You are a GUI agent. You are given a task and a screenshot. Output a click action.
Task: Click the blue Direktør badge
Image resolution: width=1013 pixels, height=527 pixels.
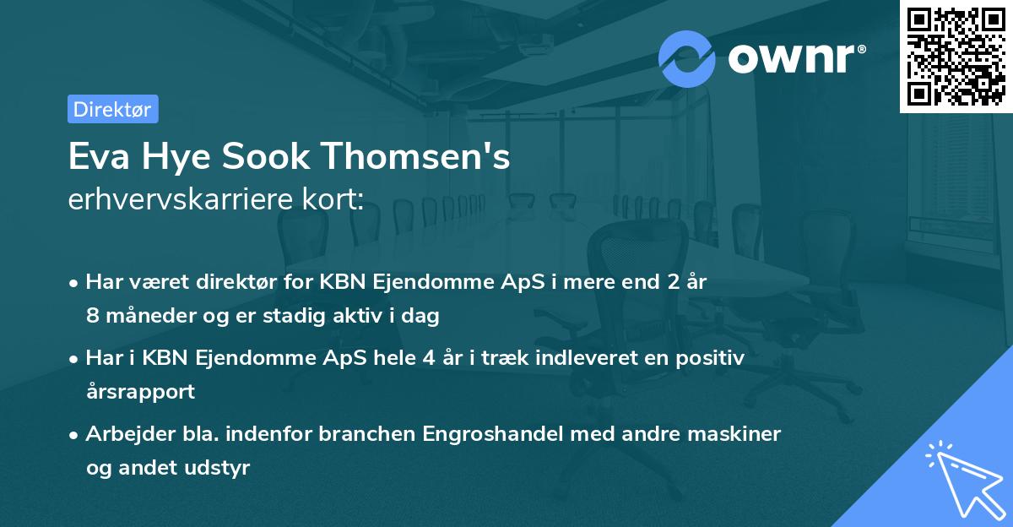(x=112, y=109)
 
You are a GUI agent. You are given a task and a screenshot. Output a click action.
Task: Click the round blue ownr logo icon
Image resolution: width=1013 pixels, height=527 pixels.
(x=687, y=58)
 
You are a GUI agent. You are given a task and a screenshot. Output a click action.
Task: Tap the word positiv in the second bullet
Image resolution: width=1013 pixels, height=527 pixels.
(x=714, y=357)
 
